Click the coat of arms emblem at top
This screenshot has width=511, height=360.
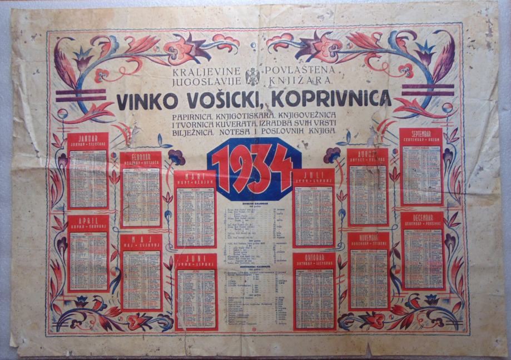(254, 76)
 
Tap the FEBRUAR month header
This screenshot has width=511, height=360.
(141, 158)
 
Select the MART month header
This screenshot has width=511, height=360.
(195, 178)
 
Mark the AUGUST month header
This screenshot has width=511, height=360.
(368, 156)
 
